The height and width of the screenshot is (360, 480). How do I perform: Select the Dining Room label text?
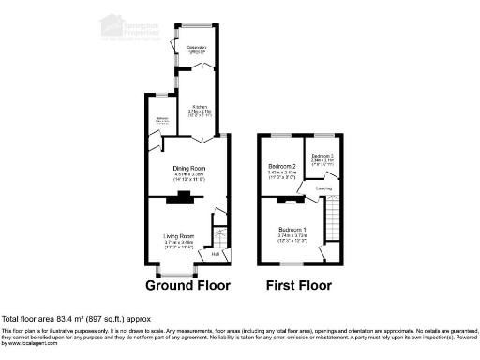point(189,168)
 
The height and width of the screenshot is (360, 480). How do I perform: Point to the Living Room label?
point(178,235)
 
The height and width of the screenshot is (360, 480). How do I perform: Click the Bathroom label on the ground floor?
point(161,118)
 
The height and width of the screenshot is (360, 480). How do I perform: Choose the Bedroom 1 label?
point(291,230)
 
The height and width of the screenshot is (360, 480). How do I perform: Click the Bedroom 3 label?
point(323,155)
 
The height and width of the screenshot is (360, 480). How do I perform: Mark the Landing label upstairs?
point(322,188)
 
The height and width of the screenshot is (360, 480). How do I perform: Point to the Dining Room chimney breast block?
point(181,198)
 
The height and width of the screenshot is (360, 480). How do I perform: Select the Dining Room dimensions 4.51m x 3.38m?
point(189,174)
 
